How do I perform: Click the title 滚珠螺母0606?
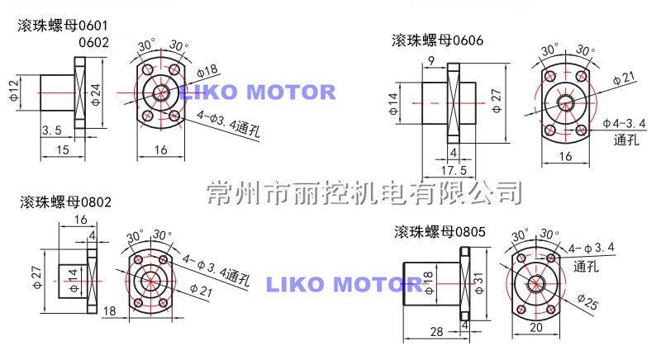(x=437, y=40)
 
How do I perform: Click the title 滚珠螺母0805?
(x=438, y=230)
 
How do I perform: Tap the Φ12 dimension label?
(x=14, y=90)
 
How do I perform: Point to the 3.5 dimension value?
(x=51, y=130)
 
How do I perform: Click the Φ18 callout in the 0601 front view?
(x=207, y=69)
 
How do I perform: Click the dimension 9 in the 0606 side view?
(x=431, y=61)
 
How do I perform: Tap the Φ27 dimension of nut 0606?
(x=496, y=99)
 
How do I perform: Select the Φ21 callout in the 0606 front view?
(x=624, y=79)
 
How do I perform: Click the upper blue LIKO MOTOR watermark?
(x=257, y=92)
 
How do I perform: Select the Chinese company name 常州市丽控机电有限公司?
(x=364, y=193)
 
